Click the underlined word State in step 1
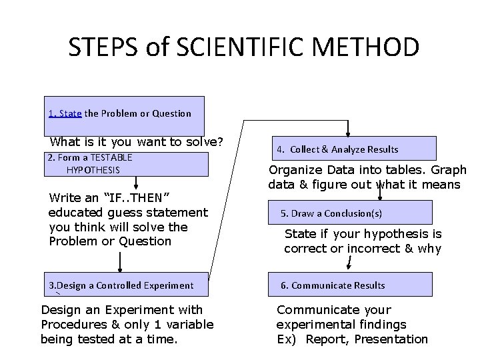point(70,113)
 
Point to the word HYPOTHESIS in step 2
point(93,171)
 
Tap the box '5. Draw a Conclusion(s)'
point(350,213)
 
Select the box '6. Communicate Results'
point(350,285)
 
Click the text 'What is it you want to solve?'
point(136,142)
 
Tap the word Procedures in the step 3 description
point(73,325)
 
